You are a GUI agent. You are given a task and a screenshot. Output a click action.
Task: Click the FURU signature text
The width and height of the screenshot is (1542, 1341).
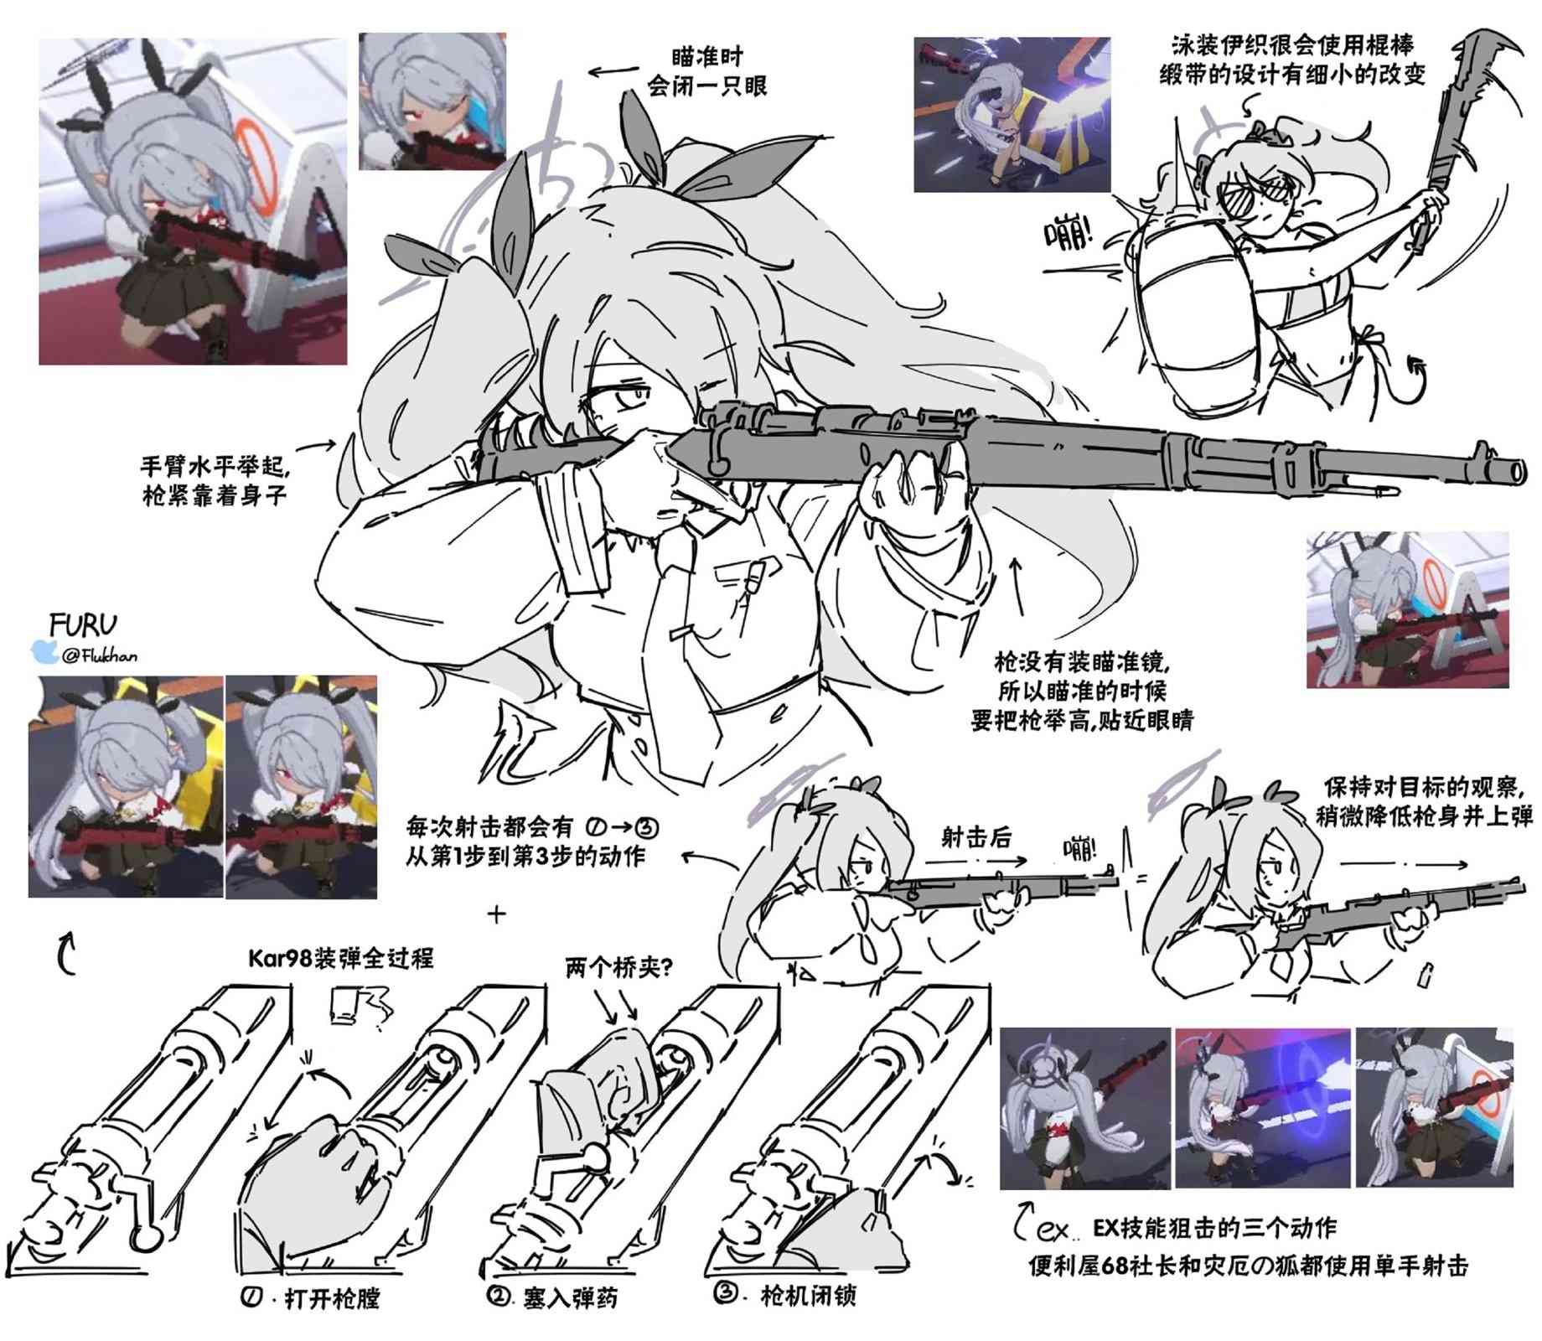click(82, 624)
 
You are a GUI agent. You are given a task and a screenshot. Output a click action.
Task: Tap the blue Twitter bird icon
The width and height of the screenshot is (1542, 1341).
click(43, 653)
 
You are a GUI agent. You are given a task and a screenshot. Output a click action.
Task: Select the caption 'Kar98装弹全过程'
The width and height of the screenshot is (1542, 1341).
click(340, 957)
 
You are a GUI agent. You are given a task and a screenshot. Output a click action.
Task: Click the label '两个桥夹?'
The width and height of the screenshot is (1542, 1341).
click(619, 967)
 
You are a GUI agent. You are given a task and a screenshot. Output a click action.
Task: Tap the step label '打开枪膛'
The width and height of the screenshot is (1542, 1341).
click(332, 1298)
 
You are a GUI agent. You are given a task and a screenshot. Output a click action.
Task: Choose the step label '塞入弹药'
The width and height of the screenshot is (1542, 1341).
click(570, 1298)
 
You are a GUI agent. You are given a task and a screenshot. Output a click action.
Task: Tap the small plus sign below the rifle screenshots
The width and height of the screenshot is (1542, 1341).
click(497, 913)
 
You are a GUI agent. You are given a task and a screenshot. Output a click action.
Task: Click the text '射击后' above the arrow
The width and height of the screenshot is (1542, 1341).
click(976, 837)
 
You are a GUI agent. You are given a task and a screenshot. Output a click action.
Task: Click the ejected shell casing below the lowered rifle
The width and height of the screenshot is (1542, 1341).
click(1427, 975)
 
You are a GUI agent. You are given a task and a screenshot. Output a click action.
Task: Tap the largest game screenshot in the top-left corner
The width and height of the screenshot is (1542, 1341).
click(192, 201)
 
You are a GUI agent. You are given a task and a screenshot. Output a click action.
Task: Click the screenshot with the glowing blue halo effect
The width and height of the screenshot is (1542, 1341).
click(1262, 1106)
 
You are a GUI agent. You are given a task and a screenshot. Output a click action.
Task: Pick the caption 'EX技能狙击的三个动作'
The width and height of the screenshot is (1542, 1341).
click(1214, 1228)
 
